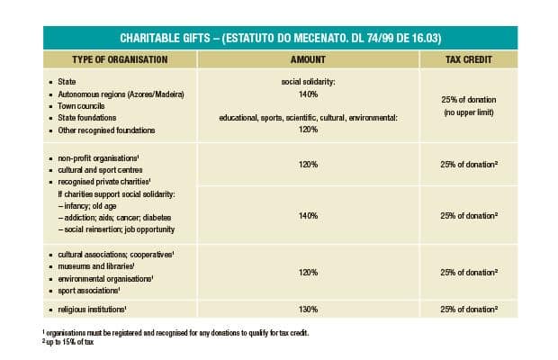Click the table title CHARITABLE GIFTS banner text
(x=279, y=38)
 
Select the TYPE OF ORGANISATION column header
(x=120, y=59)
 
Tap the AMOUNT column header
(x=308, y=59)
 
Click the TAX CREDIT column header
(x=468, y=59)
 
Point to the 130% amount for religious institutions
(x=309, y=310)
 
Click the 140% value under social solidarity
(x=309, y=94)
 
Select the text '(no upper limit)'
(x=469, y=112)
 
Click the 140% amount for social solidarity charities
(x=309, y=216)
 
